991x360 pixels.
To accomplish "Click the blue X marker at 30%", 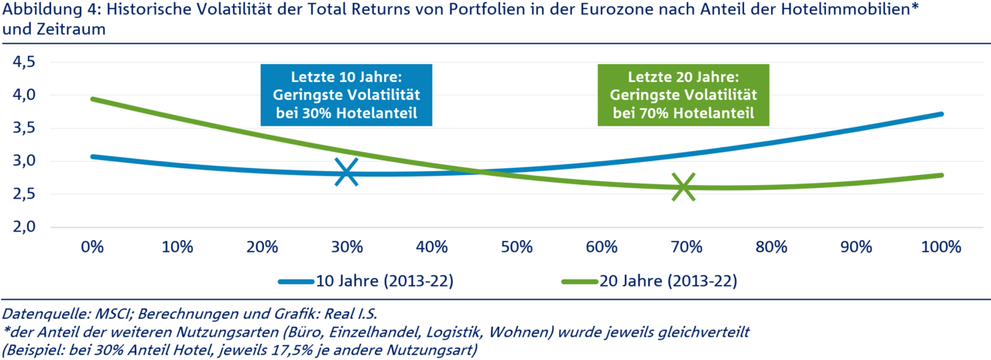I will tap(347, 172).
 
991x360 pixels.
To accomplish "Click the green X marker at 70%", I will tap(684, 187).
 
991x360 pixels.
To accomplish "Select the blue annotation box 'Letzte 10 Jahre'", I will tap(346, 94).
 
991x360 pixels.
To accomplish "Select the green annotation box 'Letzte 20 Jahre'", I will tap(684, 96).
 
